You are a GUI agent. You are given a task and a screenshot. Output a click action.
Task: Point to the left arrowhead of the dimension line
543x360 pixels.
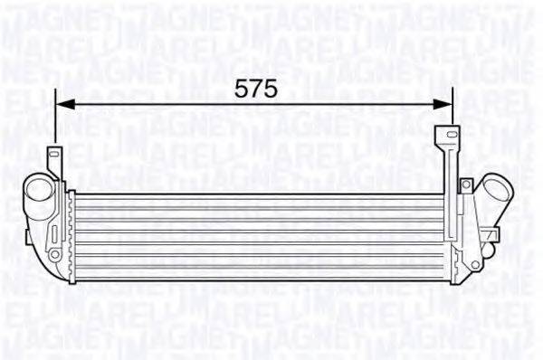63,105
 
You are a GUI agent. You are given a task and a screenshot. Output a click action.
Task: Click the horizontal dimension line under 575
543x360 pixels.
253,105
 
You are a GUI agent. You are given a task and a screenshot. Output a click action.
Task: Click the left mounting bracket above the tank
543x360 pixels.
54,158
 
